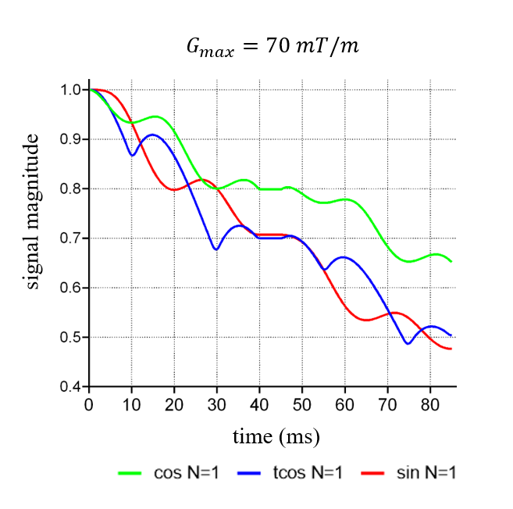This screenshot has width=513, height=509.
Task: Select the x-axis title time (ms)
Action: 276,436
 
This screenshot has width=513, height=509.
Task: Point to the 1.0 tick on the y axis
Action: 72,90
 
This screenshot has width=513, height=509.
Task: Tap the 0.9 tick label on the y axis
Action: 72,139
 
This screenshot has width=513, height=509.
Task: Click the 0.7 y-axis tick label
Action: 72,238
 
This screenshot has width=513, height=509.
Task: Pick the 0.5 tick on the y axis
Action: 72,338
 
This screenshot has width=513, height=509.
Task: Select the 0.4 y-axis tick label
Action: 72,387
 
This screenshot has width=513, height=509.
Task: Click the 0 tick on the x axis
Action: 89,403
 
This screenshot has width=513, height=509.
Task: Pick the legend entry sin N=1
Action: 409,472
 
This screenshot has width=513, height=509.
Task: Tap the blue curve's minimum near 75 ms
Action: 408,343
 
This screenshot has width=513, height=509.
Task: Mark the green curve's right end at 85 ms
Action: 451,261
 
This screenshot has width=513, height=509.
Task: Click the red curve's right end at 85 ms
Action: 451,349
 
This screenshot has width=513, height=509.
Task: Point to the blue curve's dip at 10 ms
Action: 132,156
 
